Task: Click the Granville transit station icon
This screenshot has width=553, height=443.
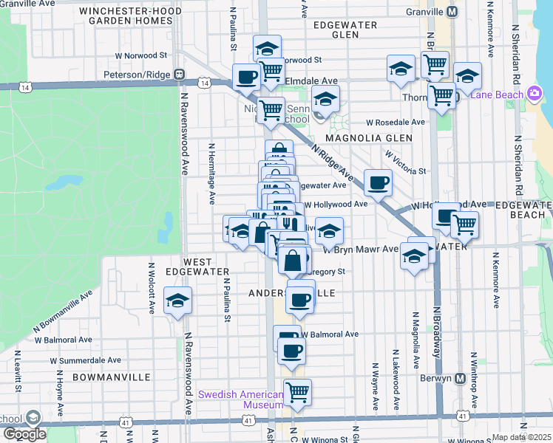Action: pyautogui.click(x=452, y=12)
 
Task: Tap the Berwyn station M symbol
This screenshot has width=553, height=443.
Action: pyautogui.click(x=460, y=379)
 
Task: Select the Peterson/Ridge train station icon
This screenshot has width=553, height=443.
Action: pyautogui.click(x=179, y=75)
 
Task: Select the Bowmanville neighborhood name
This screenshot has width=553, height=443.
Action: pyautogui.click(x=112, y=377)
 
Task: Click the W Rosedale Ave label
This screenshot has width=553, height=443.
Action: pyautogui.click(x=396, y=123)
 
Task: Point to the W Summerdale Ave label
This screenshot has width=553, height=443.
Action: pyautogui.click(x=85, y=360)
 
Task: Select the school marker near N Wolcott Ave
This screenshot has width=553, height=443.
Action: pyautogui.click(x=177, y=302)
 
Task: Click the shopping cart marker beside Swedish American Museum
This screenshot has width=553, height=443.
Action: pyautogui.click(x=297, y=391)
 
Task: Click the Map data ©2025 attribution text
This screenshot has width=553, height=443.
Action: pyautogui.click(x=522, y=437)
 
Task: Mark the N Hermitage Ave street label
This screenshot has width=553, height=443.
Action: pyautogui.click(x=211, y=174)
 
